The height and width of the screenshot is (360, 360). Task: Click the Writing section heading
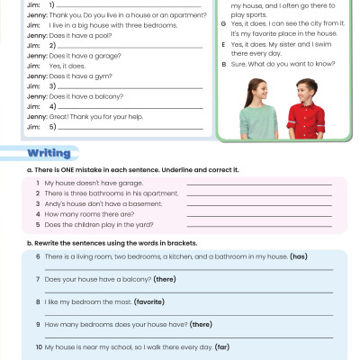49,152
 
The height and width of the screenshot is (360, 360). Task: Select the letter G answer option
223,24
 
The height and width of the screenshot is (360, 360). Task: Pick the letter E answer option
223,44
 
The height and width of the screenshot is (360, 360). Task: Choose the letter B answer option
223,65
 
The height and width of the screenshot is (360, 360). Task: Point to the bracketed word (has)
299,256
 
